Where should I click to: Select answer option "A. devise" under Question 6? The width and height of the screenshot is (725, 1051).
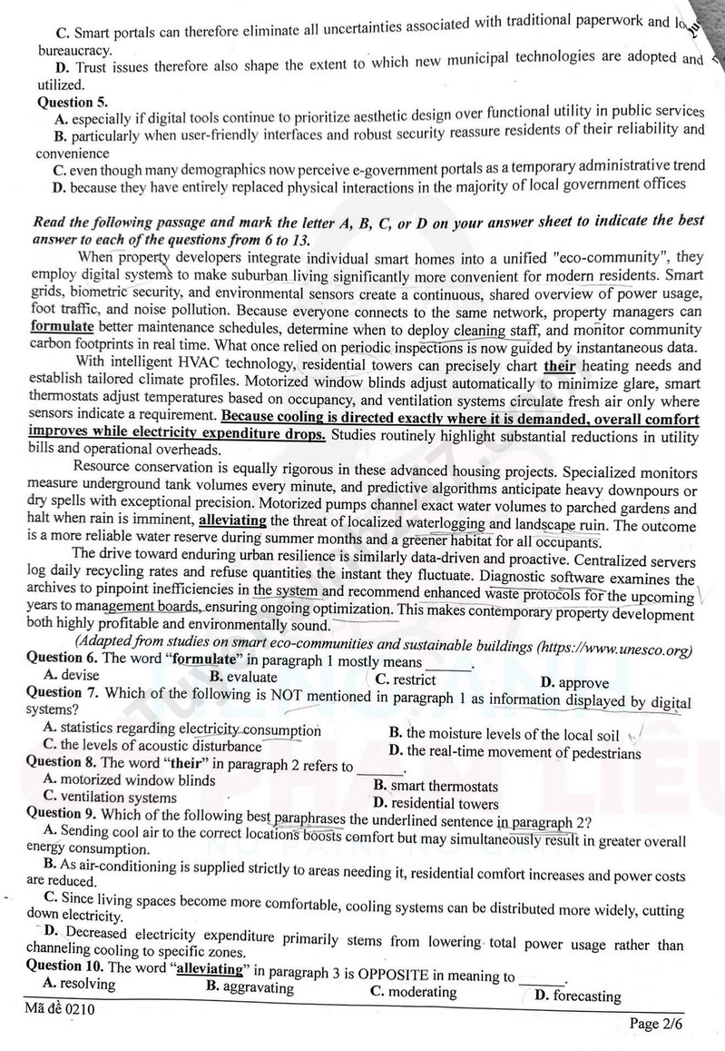click(x=72, y=675)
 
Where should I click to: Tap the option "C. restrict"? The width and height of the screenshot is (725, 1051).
click(x=406, y=679)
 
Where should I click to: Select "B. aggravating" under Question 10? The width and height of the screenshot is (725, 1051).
click(x=250, y=987)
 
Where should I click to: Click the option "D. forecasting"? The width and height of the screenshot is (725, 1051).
click(x=578, y=996)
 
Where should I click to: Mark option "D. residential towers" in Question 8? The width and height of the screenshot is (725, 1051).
click(x=436, y=803)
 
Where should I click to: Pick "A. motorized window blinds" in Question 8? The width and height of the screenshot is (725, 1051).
click(x=129, y=779)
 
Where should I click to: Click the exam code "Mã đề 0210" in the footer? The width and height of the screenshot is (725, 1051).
click(x=60, y=1009)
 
